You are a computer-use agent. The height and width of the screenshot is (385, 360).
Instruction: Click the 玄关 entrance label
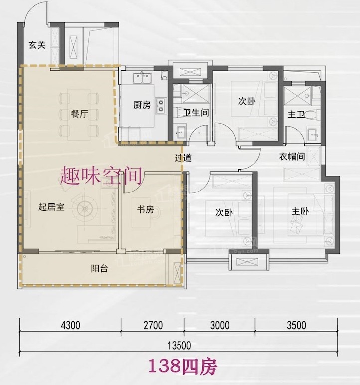pyautogui.click(x=37, y=45)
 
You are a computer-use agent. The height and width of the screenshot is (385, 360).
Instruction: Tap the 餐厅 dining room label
pyautogui.click(x=79, y=114)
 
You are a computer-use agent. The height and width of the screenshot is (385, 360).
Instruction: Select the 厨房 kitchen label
pyautogui.click(x=142, y=105)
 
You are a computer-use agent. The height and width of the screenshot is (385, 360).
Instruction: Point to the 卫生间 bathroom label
pyautogui.click(x=196, y=113)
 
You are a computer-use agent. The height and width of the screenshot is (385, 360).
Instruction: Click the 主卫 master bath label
pyautogui.click(x=296, y=114)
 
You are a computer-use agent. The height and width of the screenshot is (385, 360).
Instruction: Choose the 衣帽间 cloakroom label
pyautogui.click(x=292, y=156)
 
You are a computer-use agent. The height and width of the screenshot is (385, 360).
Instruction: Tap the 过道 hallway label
pyautogui.click(x=183, y=158)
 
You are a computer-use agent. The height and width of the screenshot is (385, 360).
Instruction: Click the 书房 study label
pyautogui.click(x=145, y=209)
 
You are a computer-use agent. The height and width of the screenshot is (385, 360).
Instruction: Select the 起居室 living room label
pyautogui.click(x=51, y=207)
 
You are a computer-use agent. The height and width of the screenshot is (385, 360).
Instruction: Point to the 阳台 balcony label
pyautogui.click(x=99, y=269)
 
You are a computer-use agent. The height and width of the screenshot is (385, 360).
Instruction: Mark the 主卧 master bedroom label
pyautogui.click(x=300, y=211)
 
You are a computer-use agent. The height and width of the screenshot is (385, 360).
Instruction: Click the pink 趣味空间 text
pyautogui.click(x=101, y=176)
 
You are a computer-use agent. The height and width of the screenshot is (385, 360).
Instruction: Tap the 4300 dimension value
pyautogui.click(x=70, y=325)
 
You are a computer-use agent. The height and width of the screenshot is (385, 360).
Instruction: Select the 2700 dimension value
pyautogui.click(x=153, y=325)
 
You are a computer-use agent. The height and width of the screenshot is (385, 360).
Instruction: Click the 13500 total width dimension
pyautogui.click(x=180, y=346)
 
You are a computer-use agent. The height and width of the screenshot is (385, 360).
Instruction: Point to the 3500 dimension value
pyautogui.click(x=296, y=325)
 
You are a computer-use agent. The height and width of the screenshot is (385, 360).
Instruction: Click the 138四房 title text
pyautogui.click(x=183, y=367)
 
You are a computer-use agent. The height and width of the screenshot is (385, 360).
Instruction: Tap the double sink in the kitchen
pyautogui.click(x=142, y=78)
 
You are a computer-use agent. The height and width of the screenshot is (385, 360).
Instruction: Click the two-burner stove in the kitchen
pyautogui.click(x=161, y=105)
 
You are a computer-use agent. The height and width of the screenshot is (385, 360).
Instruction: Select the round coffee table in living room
pyautogui.click(x=84, y=209)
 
